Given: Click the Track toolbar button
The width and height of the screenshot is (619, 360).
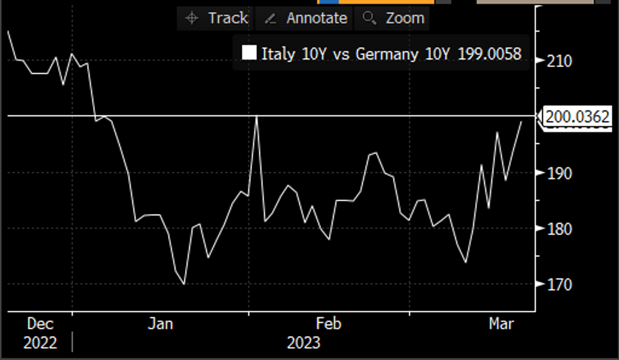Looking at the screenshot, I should (x=217, y=18).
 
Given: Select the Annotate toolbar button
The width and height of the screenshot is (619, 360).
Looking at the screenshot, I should (x=306, y=18).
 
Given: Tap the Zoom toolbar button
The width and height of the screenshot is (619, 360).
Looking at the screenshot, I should (x=394, y=18).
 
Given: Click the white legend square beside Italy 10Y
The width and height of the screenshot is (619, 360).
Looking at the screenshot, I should (x=249, y=54).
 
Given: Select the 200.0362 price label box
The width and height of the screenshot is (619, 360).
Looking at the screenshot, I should (x=577, y=117).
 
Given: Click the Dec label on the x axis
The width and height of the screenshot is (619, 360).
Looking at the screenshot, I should (x=40, y=324).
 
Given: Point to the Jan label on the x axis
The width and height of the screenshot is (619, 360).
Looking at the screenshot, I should (x=160, y=324).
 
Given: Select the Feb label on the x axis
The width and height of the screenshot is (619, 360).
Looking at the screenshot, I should (x=328, y=324).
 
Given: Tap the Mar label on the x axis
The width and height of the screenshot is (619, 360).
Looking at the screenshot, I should (x=502, y=324).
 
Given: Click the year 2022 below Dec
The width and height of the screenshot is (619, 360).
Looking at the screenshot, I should (x=40, y=343).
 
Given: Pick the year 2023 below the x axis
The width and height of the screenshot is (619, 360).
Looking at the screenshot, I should (x=303, y=343).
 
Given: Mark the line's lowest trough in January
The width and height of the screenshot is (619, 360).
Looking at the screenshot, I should (x=184, y=284).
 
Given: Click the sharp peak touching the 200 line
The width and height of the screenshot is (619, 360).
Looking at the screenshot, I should (x=257, y=116).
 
